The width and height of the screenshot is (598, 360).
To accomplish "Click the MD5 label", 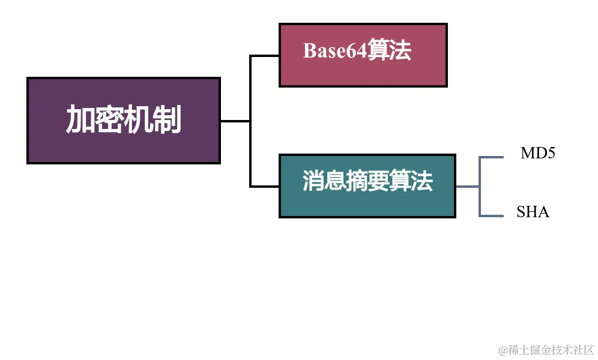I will click(x=537, y=154).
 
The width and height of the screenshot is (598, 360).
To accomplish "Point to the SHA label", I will click(x=533, y=212).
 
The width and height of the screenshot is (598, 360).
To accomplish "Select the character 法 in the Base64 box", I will click(x=400, y=51).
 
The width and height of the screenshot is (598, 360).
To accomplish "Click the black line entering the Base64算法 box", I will click(x=265, y=56).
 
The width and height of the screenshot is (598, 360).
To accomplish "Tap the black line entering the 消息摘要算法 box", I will click(x=265, y=187).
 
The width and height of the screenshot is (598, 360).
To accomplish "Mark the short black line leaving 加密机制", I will click(x=235, y=121).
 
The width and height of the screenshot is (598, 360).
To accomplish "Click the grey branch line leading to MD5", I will click(x=491, y=158).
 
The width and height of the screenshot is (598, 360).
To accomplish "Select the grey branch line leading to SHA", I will click(x=491, y=216).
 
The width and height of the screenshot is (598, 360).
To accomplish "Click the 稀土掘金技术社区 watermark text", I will click(x=551, y=349).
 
